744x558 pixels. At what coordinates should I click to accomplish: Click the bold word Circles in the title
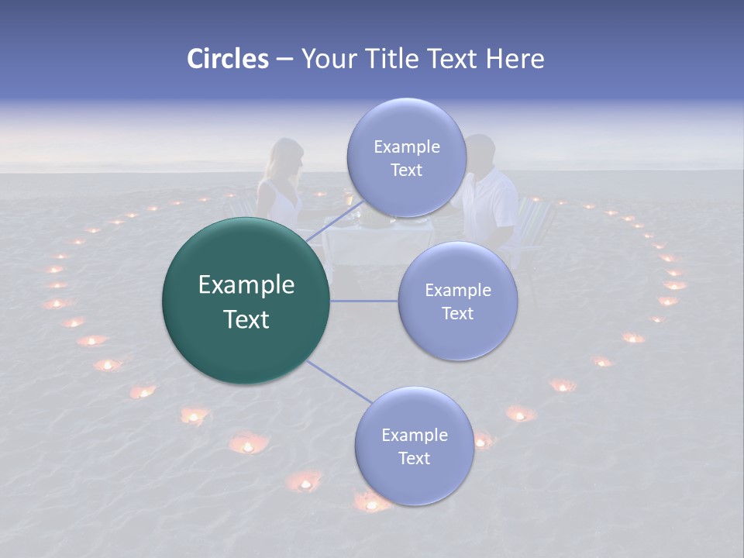coord(228,58)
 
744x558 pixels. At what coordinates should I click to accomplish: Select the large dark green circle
coord(246,301)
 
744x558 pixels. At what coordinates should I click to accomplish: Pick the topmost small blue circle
coord(406,157)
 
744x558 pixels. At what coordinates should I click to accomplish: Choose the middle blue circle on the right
coord(457,301)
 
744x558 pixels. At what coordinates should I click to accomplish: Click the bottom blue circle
coord(414,446)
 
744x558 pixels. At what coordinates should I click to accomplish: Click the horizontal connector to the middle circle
coord(363,301)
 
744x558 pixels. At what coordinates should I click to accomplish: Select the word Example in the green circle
coord(246,285)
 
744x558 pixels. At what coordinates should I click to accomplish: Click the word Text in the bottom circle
coord(414,458)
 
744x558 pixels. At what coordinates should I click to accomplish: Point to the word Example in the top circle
coord(406,146)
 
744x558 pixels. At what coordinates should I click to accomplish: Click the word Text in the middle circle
coord(457,313)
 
